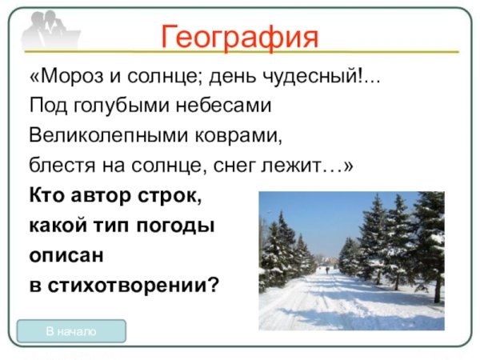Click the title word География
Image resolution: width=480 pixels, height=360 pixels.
[x=240, y=36]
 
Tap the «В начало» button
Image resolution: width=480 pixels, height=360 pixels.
[x=71, y=330]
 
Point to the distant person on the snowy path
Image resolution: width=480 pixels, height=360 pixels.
[x=327, y=270]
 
